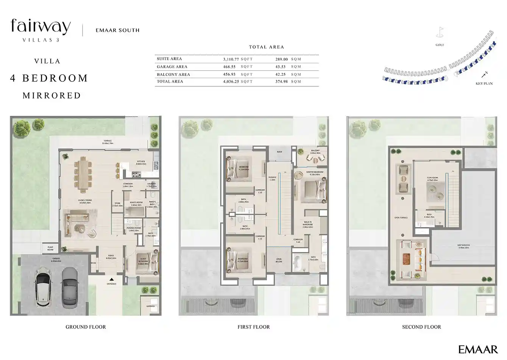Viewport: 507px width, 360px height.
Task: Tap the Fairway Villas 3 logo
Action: [41, 30]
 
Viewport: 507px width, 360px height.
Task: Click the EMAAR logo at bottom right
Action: [478, 349]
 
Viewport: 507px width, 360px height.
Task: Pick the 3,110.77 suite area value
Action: [231, 59]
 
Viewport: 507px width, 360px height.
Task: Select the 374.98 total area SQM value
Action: [282, 81]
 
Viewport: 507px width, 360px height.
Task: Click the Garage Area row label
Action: [172, 67]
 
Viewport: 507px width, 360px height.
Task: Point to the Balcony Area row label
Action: [173, 75]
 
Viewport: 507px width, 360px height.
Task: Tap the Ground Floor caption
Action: [86, 327]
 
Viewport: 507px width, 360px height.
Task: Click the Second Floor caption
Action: [421, 327]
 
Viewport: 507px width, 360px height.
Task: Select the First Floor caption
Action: [254, 327]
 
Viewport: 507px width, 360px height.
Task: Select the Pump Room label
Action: [50, 249]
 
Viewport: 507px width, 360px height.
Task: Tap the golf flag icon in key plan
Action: [440, 32]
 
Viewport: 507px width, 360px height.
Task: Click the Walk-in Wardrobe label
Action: [307, 224]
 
